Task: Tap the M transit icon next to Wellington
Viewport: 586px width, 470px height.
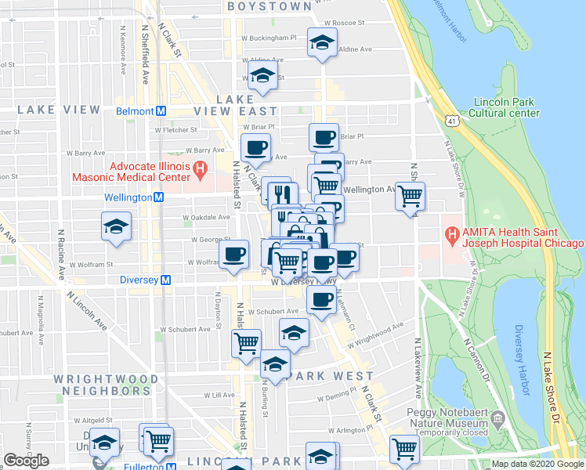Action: pos(158,197)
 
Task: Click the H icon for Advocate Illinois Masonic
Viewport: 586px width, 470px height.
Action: pos(200,168)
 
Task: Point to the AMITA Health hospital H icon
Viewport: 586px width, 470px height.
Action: pos(451,233)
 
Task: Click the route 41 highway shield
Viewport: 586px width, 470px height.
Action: pos(450,119)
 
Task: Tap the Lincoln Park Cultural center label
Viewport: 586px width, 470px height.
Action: pos(506,107)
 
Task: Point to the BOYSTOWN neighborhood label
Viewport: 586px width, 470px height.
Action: pos(269,6)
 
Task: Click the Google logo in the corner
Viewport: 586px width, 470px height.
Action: pos(26,461)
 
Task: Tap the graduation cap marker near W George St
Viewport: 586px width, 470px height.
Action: pos(116,227)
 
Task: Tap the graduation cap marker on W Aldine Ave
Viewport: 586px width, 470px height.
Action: pos(262,76)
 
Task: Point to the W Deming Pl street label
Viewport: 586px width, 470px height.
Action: pos(337,397)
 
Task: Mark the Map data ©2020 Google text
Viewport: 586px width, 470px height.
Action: pos(537,464)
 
